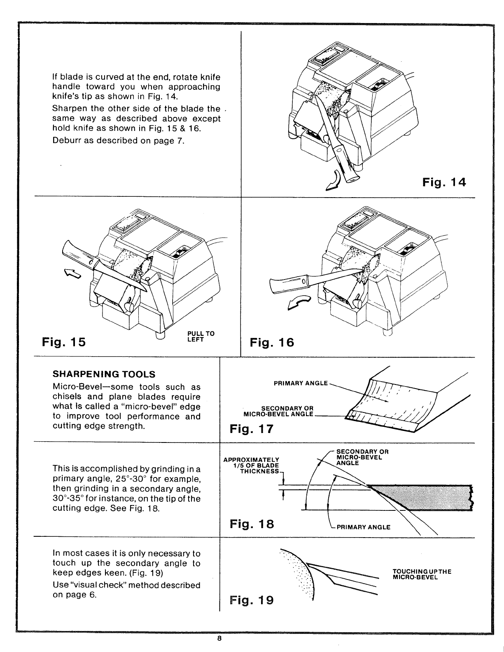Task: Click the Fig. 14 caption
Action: (x=444, y=182)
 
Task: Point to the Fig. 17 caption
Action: (x=252, y=429)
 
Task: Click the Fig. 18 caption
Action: (x=252, y=524)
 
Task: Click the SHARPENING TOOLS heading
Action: (x=104, y=374)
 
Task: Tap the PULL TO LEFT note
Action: (x=201, y=337)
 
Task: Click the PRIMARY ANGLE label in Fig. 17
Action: (x=301, y=383)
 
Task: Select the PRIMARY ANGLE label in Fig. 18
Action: (x=363, y=527)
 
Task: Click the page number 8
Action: (x=219, y=639)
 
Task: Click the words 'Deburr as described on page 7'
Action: (x=118, y=140)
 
